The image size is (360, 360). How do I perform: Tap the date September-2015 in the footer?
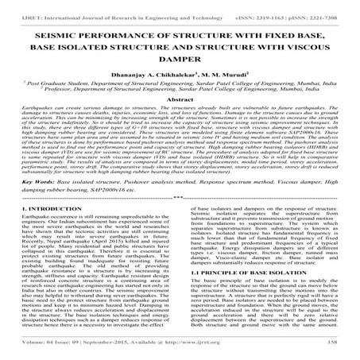tap(109, 350)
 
